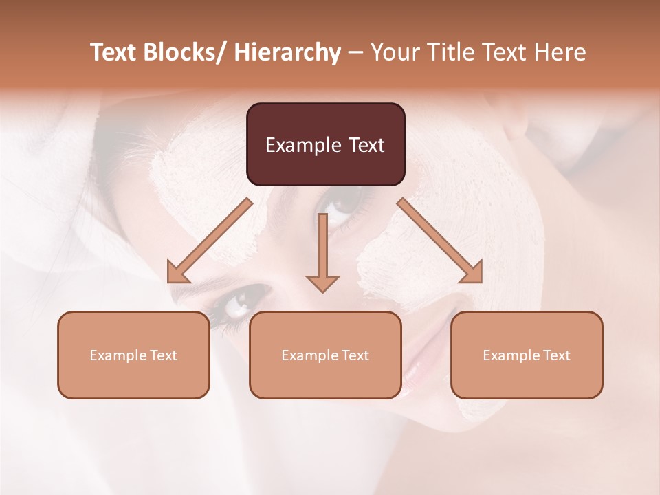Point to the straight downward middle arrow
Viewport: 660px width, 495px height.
pyautogui.click(x=322, y=247)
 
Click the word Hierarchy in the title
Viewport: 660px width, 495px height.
pyautogui.click(x=287, y=52)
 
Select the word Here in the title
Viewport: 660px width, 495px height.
pyautogui.click(x=560, y=52)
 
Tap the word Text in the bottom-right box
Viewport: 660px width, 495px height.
pyautogui.click(x=555, y=355)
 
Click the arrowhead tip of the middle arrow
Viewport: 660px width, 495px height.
pyautogui.click(x=322, y=291)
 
